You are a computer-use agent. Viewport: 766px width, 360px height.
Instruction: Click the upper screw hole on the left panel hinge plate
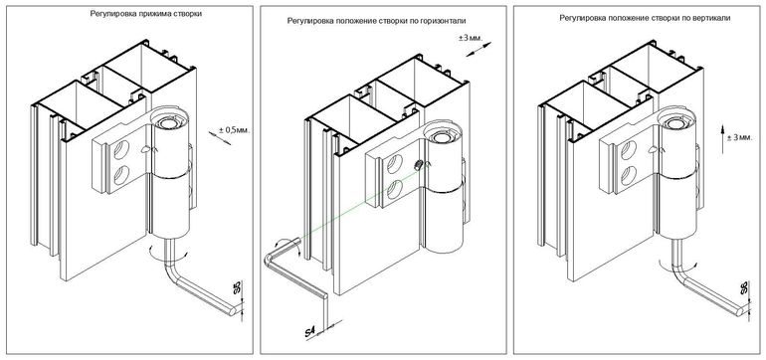[120, 150]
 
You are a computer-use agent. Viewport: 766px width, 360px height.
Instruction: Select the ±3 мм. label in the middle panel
[472, 39]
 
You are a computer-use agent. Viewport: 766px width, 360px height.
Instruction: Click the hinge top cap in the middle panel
[438, 135]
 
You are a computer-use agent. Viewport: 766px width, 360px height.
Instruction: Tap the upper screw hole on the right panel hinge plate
[628, 150]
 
